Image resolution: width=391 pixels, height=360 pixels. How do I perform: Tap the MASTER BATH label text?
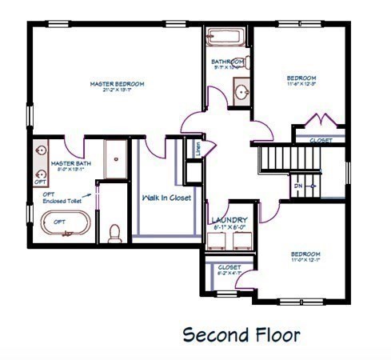[x=66, y=162]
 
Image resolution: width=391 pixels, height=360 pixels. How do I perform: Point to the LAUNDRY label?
[x=229, y=219]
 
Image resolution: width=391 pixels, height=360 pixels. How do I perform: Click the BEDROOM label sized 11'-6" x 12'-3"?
[x=302, y=78]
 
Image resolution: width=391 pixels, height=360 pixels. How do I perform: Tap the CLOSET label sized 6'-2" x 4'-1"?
[x=229, y=267]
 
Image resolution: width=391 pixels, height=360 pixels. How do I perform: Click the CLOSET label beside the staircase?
[x=321, y=139]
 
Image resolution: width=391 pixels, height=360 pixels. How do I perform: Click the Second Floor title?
[x=241, y=334]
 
